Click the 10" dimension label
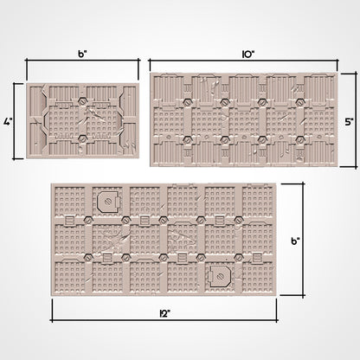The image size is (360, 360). coord(248,55)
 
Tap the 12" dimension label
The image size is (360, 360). coord(164,314)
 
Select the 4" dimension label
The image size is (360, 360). coord(7,121)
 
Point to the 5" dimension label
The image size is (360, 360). coord(350,121)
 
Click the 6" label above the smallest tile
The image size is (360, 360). coord(82,55)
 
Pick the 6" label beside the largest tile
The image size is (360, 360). coord(295,241)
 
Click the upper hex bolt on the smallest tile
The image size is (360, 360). coord(83,101)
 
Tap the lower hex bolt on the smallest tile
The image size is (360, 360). coord(83,139)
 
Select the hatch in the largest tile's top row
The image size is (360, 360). coord(108,201)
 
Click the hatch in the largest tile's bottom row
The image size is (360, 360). coord(220,276)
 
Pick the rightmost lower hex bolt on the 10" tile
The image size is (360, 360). coord(300,140)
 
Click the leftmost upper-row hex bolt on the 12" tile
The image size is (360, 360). coord(88,221)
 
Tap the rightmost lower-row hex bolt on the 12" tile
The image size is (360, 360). coord(239,257)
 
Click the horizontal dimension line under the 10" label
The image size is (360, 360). coord(243,61)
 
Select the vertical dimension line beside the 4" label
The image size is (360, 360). coord(15,121)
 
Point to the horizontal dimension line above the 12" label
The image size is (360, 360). coord(164,319)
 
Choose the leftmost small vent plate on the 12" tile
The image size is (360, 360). coord(69,221)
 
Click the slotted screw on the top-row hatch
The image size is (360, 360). coord(107,201)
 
